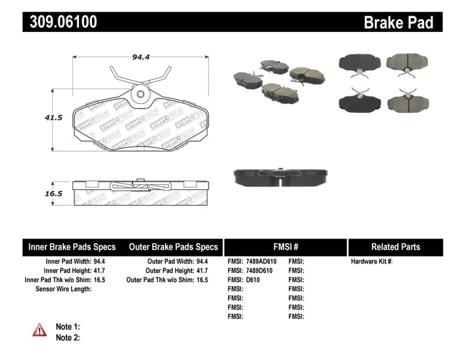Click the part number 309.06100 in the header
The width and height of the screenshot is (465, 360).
[60, 22]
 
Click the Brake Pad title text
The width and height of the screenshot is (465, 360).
[398, 23]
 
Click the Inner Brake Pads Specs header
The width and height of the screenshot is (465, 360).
[72, 247]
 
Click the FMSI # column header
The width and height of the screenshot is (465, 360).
[285, 247]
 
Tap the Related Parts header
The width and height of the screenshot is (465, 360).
[395, 247]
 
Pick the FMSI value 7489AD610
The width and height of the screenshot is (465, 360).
[261, 262]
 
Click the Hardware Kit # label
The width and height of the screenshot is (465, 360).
[372, 262]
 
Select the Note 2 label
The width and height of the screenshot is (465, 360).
[67, 337]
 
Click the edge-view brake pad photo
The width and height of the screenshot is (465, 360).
[280, 177]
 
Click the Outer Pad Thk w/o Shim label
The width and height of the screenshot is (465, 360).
[160, 280]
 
